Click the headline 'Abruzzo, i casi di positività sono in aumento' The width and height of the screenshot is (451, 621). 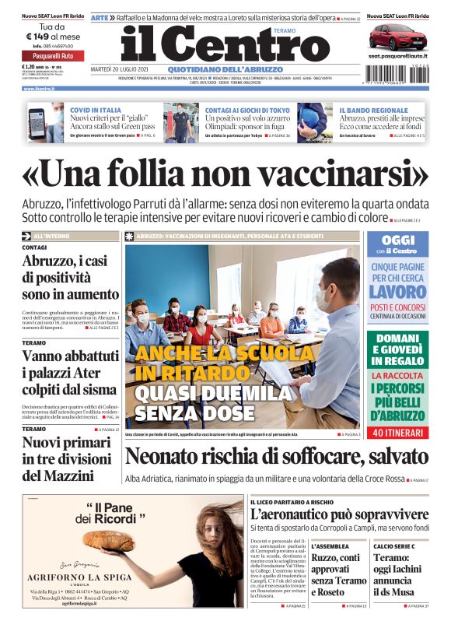tap(71, 278)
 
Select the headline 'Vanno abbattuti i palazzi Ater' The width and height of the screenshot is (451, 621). tap(69, 372)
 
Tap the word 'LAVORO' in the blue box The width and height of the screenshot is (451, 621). tap(397, 292)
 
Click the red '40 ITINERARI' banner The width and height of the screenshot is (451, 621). tap(398, 432)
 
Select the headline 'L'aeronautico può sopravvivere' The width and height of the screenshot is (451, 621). tap(340, 514)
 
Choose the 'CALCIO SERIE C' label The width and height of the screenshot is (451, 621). tap(392, 547)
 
